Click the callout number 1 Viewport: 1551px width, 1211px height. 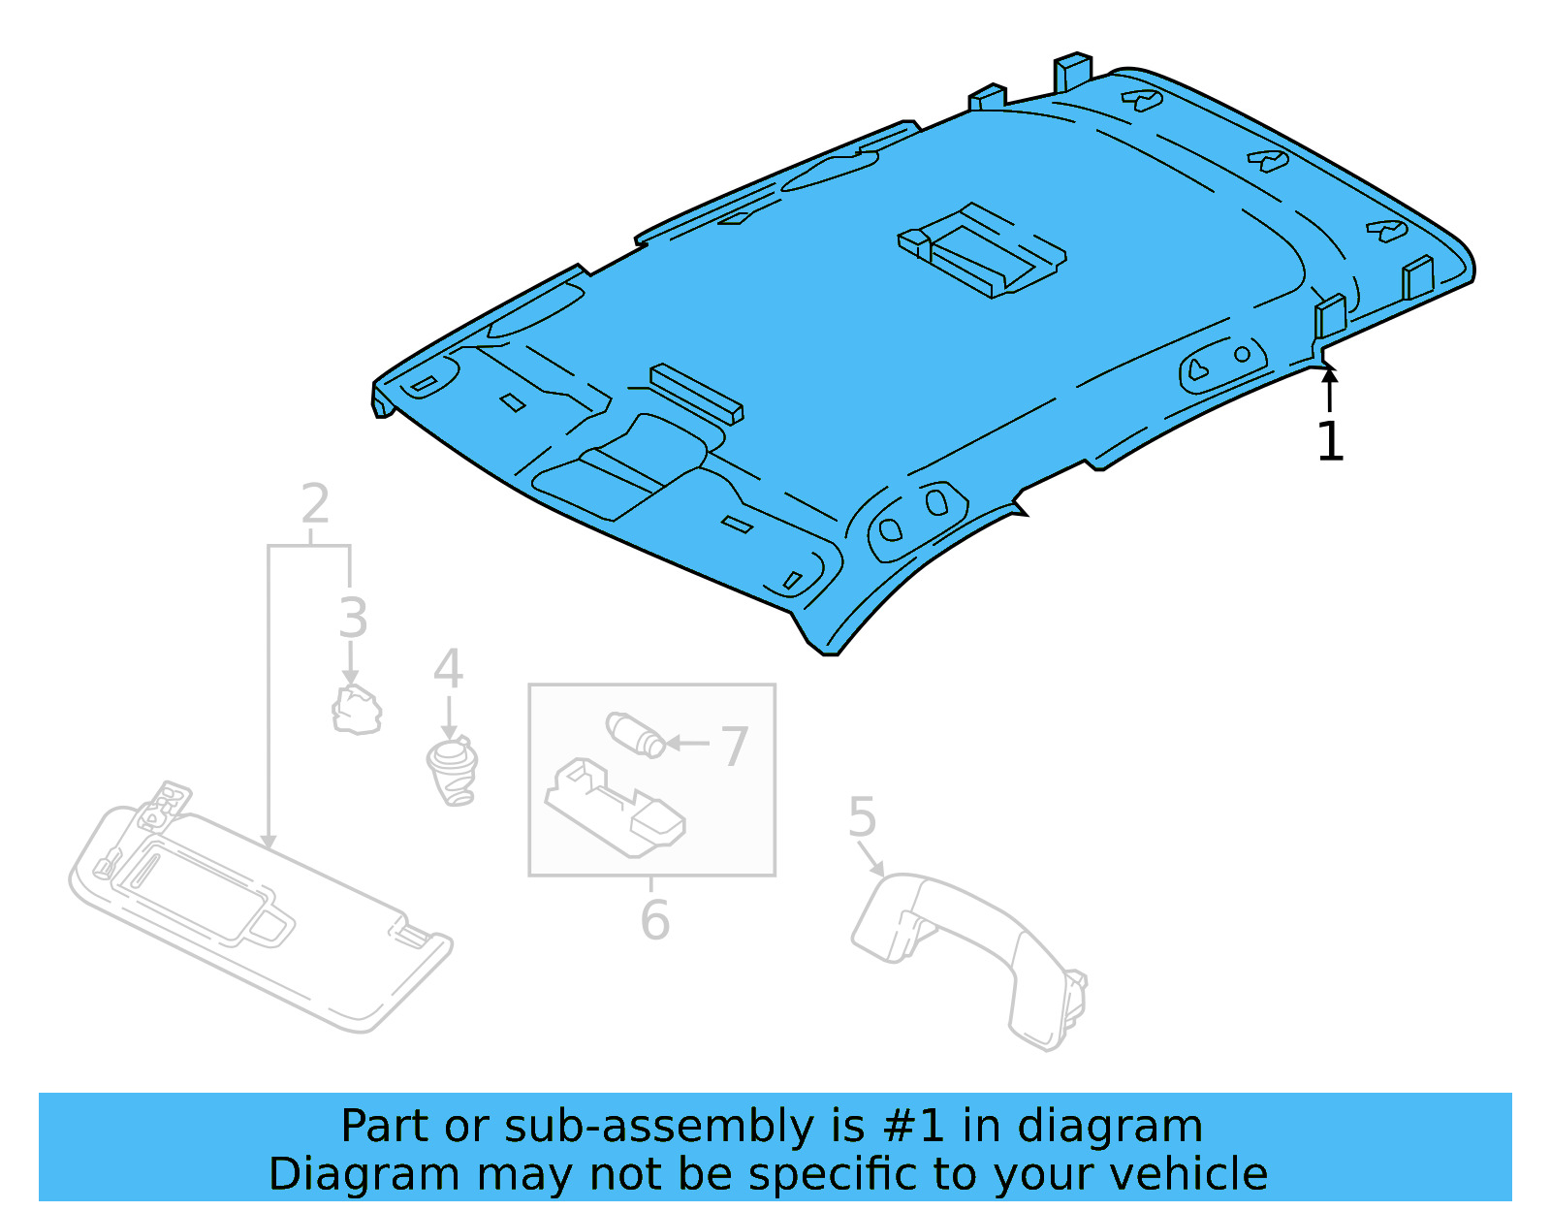pyautogui.click(x=1330, y=442)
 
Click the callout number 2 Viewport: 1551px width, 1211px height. pyautogui.click(x=315, y=504)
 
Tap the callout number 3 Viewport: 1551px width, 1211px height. pyautogui.click(x=354, y=618)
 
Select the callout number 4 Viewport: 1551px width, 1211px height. pyautogui.click(x=448, y=669)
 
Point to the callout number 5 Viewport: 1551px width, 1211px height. pyautogui.click(x=862, y=817)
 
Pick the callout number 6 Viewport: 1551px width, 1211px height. pyautogui.click(x=655, y=920)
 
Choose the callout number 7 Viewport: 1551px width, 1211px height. pyautogui.click(x=734, y=747)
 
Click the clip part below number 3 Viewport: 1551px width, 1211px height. pyautogui.click(x=356, y=710)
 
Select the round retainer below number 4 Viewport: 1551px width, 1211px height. pyautogui.click(x=452, y=771)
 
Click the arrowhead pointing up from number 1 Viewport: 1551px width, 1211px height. pyautogui.click(x=1330, y=371)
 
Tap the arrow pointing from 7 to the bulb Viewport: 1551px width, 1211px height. pyautogui.click(x=688, y=744)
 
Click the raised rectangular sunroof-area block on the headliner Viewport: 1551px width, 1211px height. pyautogui.click(x=981, y=250)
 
